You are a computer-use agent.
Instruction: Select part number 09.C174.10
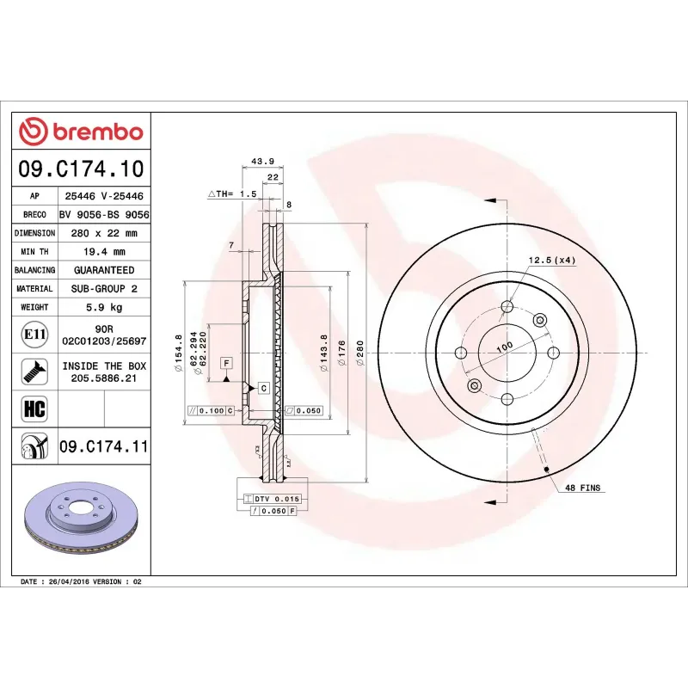(x=83, y=168)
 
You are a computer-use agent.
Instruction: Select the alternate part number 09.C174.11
(x=104, y=445)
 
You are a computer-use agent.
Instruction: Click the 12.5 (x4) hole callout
(x=551, y=260)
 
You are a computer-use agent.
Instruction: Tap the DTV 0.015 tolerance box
(x=273, y=499)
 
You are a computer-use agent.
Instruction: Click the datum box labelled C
(x=263, y=388)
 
